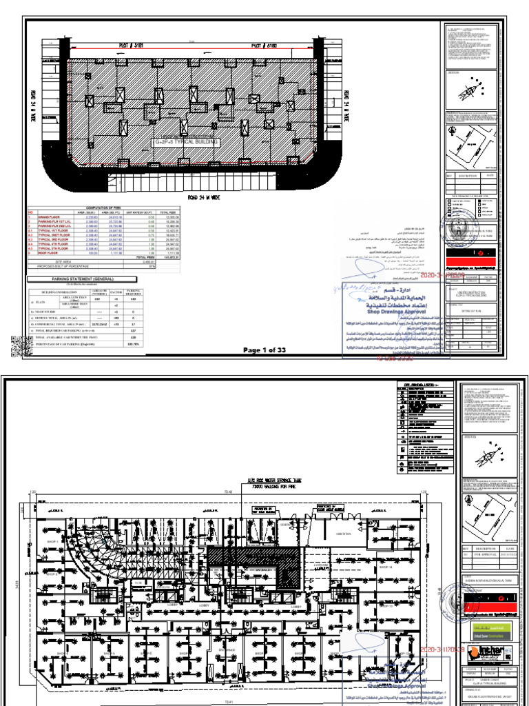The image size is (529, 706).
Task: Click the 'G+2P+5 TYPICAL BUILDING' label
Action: (x=186, y=143)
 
